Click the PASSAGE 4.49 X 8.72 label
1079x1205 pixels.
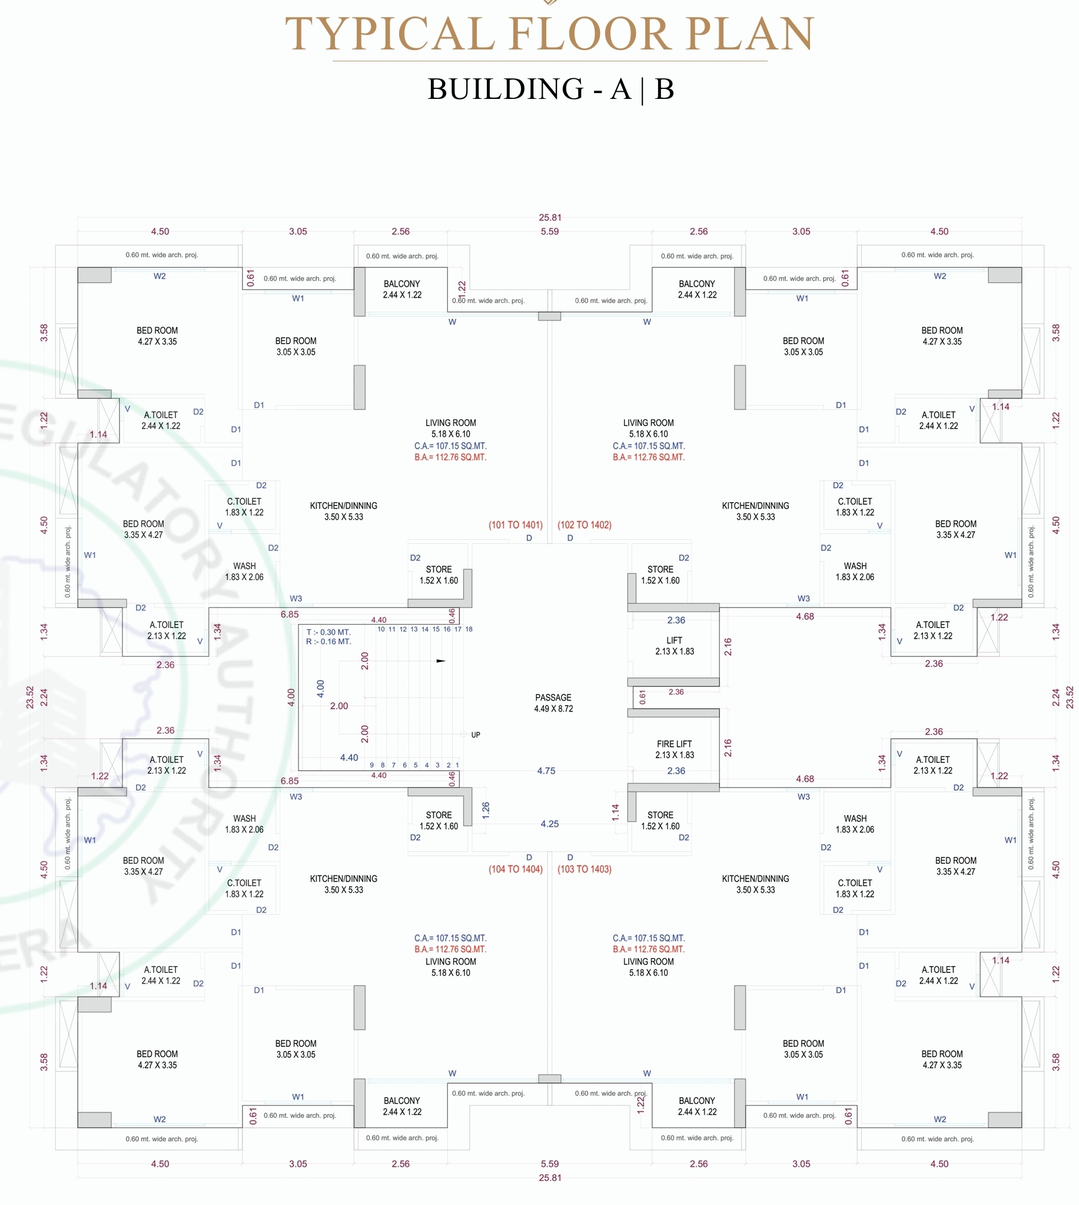pos(553,703)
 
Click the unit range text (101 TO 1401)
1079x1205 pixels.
pos(515,525)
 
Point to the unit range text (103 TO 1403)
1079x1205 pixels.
pos(584,869)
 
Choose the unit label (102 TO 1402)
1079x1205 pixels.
pos(584,525)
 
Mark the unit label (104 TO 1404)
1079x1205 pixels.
pos(515,869)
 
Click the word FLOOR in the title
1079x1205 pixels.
pos(590,34)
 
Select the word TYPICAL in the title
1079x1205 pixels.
pos(390,34)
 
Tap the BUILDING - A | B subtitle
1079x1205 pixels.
pos(551,89)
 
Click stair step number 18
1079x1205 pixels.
pos(469,629)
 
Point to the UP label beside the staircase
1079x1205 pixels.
pos(476,735)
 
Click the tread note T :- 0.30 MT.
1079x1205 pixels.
pos(328,632)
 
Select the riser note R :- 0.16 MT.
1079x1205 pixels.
pos(328,641)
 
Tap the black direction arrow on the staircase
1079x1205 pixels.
pos(441,660)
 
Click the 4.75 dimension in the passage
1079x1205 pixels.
pos(546,771)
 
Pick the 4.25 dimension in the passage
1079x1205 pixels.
pos(550,824)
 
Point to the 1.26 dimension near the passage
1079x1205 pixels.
pos(486,809)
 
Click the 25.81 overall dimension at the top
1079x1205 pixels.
pos(550,218)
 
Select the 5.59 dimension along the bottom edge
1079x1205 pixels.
pos(550,1164)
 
